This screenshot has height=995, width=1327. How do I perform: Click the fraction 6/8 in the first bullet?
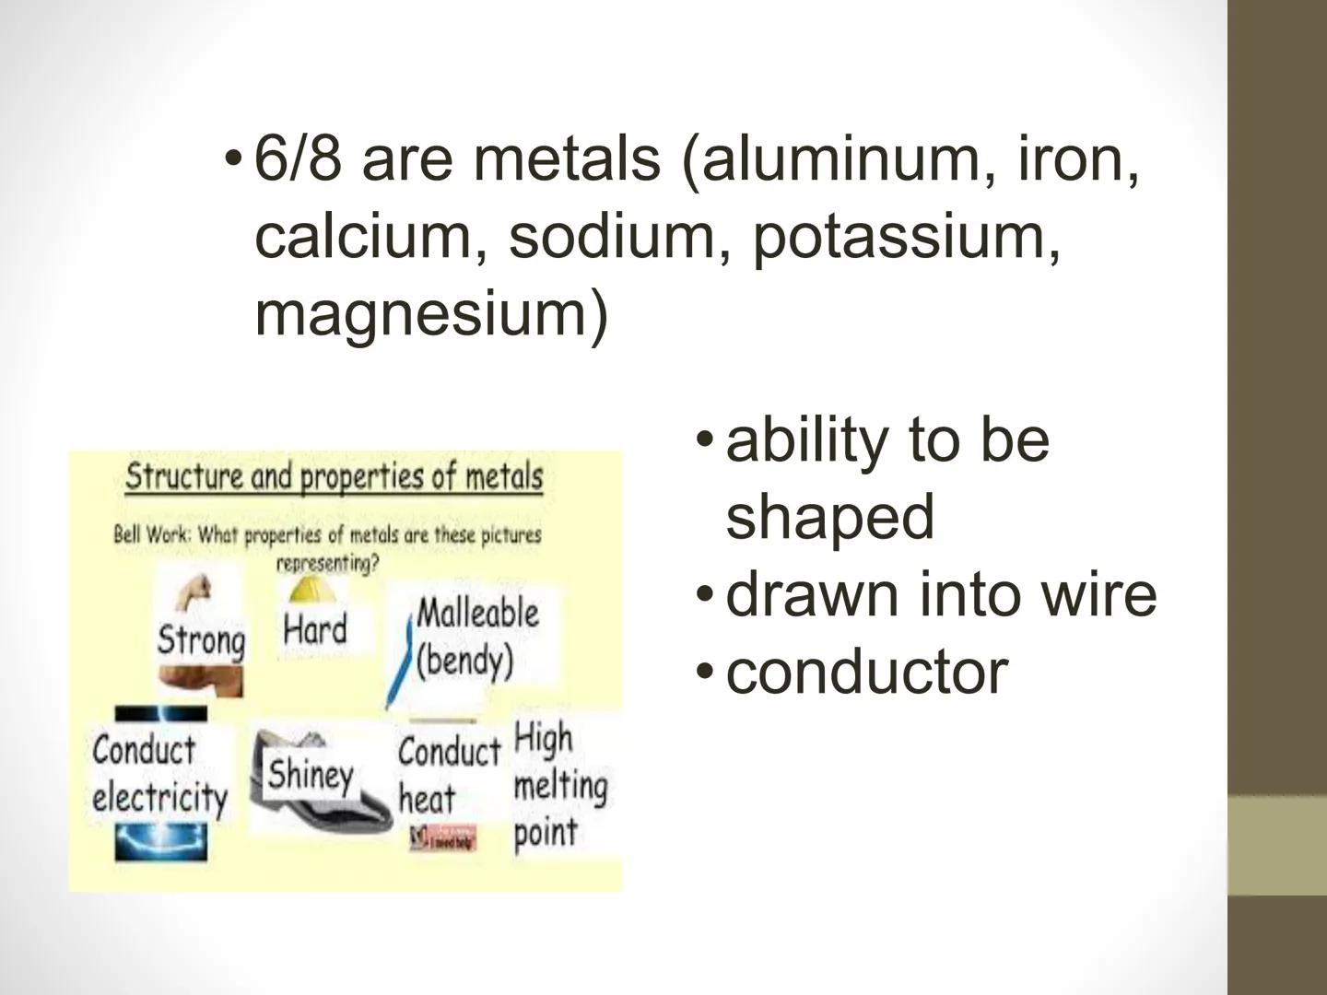point(298,158)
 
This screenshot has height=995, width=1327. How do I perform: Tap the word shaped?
point(829,516)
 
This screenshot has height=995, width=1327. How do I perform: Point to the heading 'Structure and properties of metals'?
point(335,476)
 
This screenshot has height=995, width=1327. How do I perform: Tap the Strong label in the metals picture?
point(201,639)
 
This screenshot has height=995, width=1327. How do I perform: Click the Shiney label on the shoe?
point(311,775)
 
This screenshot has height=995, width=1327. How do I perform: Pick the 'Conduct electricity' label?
point(159,774)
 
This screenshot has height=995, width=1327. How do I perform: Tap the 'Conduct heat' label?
point(448,774)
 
